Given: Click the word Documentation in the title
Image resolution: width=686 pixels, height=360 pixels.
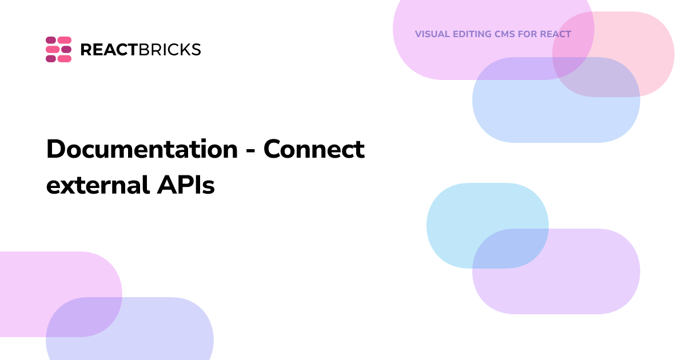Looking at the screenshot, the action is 142,149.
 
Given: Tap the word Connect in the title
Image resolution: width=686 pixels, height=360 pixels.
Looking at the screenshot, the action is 314,149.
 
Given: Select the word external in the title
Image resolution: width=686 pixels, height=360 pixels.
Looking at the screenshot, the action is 98,185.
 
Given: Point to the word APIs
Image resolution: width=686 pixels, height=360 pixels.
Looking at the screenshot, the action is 186,185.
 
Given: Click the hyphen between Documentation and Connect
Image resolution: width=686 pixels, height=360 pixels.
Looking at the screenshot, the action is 250,151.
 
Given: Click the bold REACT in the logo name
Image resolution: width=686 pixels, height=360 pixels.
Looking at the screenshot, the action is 110,50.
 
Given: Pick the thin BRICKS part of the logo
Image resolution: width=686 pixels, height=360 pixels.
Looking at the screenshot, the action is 170,50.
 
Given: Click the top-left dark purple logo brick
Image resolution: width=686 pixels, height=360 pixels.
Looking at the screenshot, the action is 51,40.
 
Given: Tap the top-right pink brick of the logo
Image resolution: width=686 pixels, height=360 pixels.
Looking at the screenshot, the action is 65,40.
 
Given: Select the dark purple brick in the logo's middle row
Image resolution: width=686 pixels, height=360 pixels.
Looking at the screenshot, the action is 66,49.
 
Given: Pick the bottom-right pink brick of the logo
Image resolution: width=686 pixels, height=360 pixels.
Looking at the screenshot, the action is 65,58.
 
